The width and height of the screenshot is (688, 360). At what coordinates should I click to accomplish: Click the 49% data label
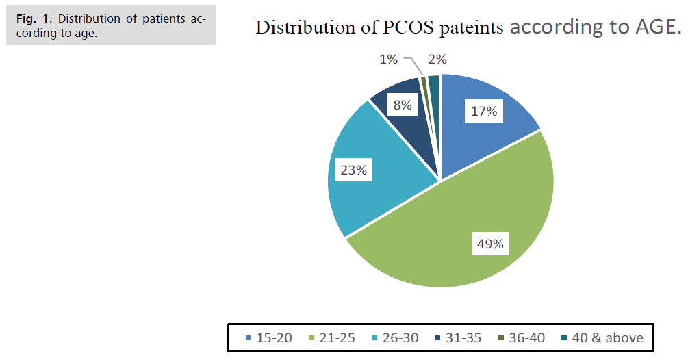pos(489,243)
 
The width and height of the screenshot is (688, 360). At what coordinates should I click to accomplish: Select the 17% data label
pos(483,111)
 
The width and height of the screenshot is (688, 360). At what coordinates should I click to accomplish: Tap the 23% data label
pos(353,170)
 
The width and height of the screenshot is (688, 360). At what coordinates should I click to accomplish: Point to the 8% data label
pos(401,106)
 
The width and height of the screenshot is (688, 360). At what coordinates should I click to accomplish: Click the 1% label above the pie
pos(388,60)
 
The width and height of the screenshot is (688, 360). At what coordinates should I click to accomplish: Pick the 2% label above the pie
pos(437,60)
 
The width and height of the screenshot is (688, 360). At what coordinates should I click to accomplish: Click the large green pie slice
pos(466,233)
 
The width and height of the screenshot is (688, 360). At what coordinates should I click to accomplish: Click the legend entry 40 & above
pos(594,337)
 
